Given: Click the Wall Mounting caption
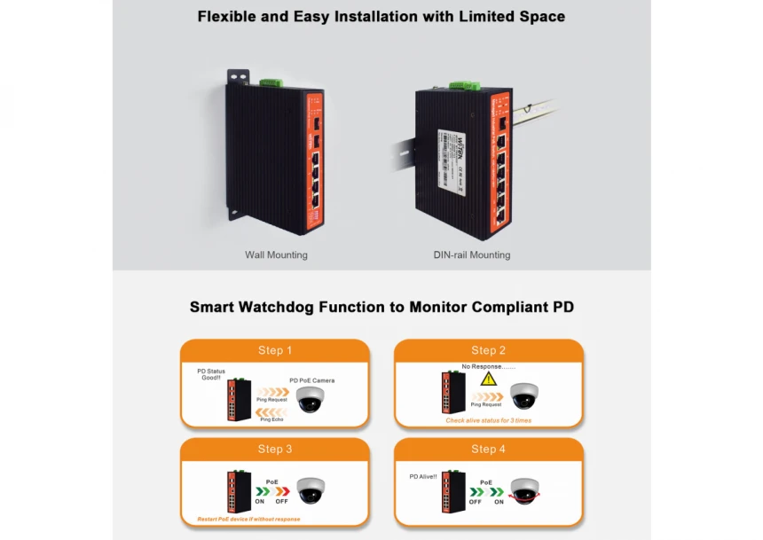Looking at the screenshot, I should pyautogui.click(x=276, y=255).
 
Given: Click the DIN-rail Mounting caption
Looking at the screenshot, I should pyautogui.click(x=471, y=255).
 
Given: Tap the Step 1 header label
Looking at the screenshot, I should pyautogui.click(x=275, y=350).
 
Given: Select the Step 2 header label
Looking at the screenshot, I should pyautogui.click(x=488, y=350).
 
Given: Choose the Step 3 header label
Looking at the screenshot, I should pyautogui.click(x=275, y=450).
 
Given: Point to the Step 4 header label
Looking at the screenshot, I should pyautogui.click(x=488, y=450).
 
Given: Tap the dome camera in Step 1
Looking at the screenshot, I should pyautogui.click(x=311, y=398).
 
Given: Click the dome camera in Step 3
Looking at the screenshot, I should pyautogui.click(x=311, y=491).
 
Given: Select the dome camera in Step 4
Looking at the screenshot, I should pyautogui.click(x=525, y=489).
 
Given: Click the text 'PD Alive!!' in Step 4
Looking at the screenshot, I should pyautogui.click(x=423, y=476).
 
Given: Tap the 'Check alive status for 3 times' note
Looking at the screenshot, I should pyautogui.click(x=488, y=420).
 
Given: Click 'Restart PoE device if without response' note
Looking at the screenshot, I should pyautogui.click(x=242, y=519).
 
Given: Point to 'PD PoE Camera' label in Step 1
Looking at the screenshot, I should pyautogui.click(x=312, y=380).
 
